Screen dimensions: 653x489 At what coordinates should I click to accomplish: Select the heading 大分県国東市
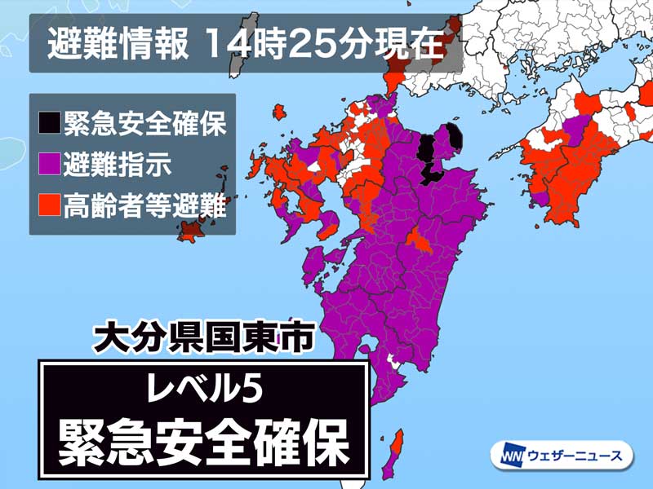click(x=203, y=338)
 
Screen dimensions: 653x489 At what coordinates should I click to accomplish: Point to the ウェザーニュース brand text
click(x=571, y=455)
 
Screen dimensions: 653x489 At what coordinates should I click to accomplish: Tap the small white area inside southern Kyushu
click(x=395, y=361)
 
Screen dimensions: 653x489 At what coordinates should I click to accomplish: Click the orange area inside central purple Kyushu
click(x=419, y=242)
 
